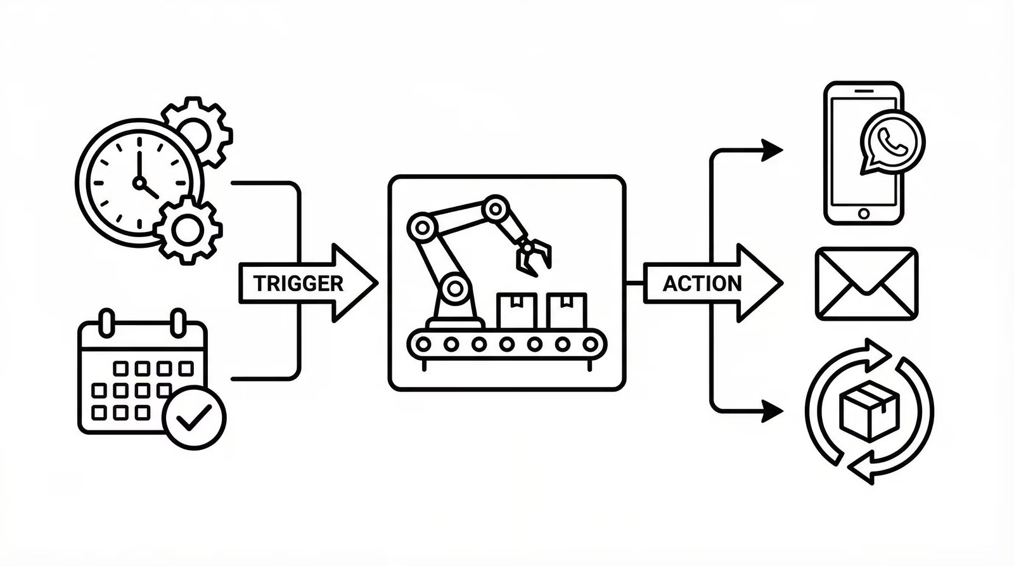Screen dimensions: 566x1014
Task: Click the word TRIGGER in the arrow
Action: tap(298, 283)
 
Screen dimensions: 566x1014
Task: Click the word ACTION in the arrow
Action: tap(702, 283)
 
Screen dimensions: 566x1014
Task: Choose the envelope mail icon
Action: tap(866, 283)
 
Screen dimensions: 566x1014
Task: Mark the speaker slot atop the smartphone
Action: tap(863, 91)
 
